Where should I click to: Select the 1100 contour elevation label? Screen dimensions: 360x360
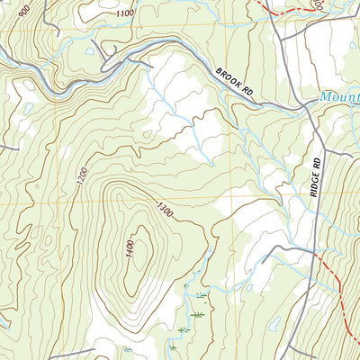coord(125,13)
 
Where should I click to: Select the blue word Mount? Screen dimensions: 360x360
coord(341,96)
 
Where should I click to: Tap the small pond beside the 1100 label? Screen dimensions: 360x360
coord(88,50)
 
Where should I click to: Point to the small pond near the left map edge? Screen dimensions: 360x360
coord(28,108)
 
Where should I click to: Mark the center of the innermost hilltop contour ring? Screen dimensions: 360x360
coord(135,256)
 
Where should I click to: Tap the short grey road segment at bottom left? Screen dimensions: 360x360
coord(72,352)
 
